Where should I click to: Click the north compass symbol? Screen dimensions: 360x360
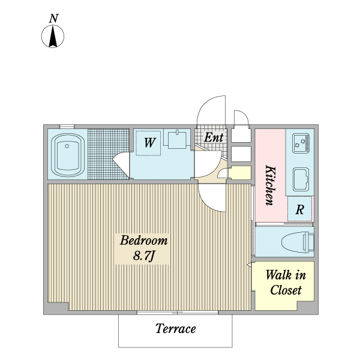tap(53, 37)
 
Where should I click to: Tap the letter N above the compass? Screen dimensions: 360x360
tap(53, 18)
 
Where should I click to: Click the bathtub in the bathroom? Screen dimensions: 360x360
tap(67, 154)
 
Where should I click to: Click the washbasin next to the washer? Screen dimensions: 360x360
tap(177, 140)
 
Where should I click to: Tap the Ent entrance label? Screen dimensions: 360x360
tap(214, 137)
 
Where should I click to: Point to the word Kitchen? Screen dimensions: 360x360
tap(270, 185)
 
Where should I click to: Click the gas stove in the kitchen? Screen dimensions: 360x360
tap(300, 143)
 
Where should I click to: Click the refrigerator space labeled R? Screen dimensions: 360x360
tap(300, 210)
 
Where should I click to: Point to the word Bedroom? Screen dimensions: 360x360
tap(143, 241)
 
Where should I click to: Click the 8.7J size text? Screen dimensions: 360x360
tap(143, 257)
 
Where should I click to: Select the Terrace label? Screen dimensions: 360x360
tap(175, 329)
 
